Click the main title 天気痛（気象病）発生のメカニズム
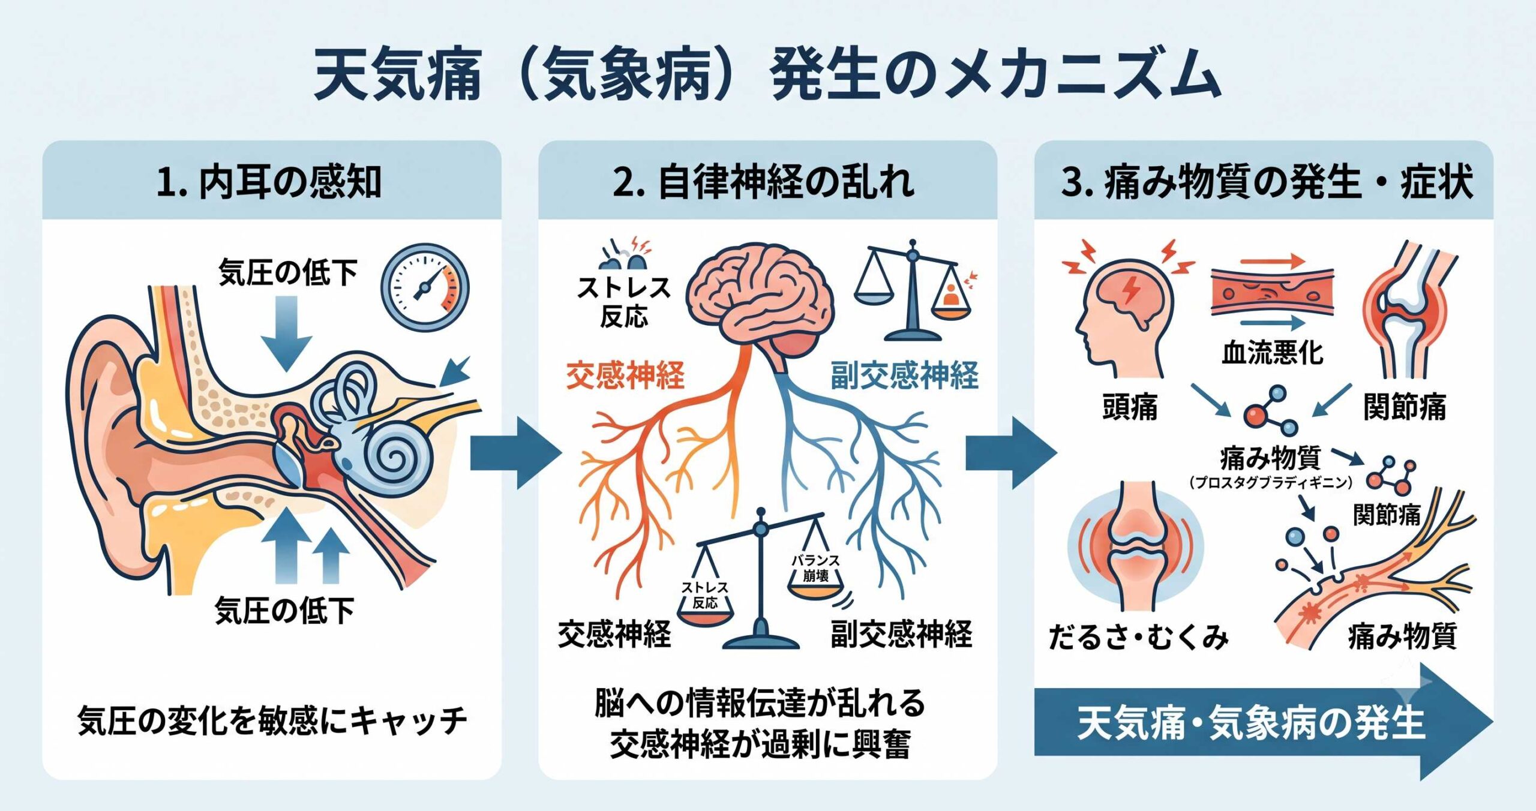[x=767, y=75]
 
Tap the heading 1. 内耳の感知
[x=269, y=181]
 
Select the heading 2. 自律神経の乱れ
[x=764, y=181]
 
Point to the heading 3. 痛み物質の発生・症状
[x=1267, y=181]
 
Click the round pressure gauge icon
[x=425, y=287]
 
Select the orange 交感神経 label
[x=625, y=376]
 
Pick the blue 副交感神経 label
[x=904, y=376]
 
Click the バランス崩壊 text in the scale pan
[x=815, y=567]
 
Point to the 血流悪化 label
[x=1273, y=352]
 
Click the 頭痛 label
[x=1130, y=407]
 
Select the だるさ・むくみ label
[x=1138, y=637]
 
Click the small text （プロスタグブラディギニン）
[x=1271, y=482]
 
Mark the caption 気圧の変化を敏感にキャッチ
[x=272, y=720]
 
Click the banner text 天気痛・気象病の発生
[x=1251, y=722]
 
